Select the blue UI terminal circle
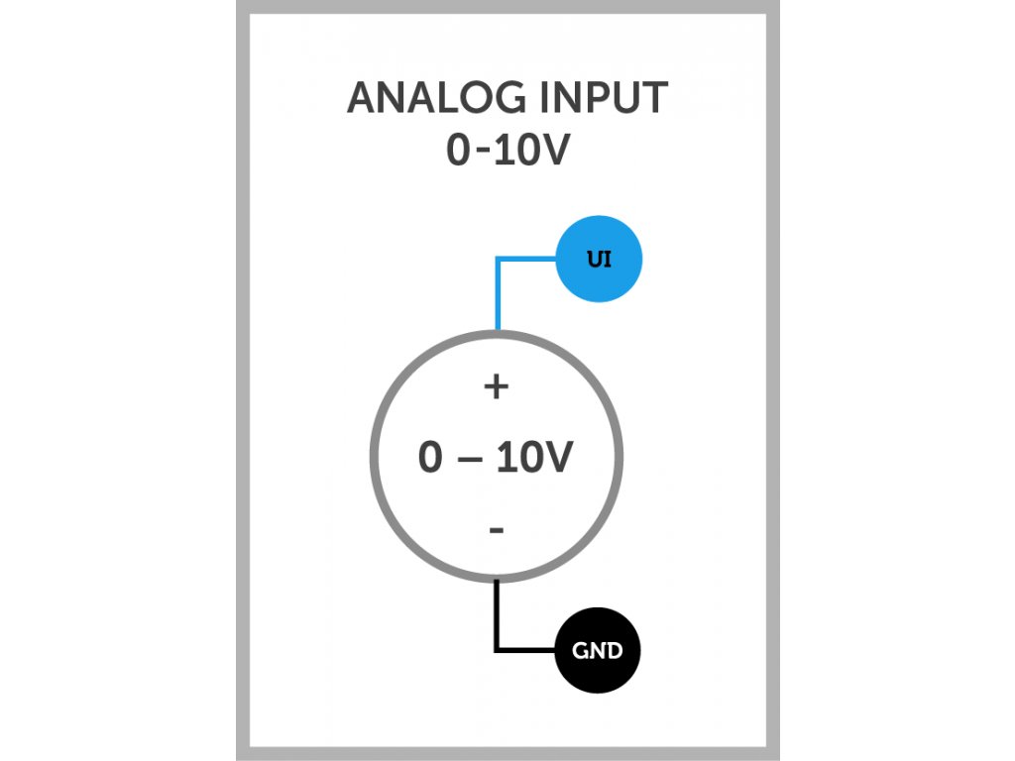[600, 260]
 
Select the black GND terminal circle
[598, 651]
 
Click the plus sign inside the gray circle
[496, 386]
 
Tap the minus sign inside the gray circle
[497, 531]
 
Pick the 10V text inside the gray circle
[533, 459]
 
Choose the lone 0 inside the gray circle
[429, 459]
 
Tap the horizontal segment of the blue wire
[527, 261]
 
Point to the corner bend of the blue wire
[497, 261]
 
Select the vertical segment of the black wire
[497, 614]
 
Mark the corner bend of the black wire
[497, 650]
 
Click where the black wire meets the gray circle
[497, 580]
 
